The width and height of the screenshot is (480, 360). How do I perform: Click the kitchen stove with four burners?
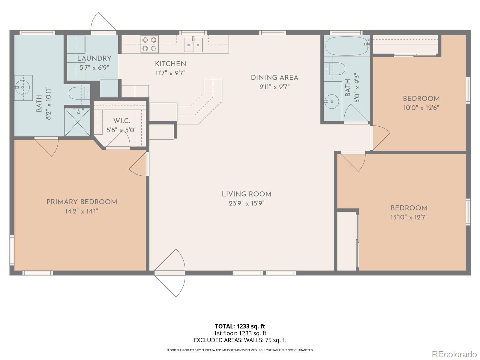[x=149, y=44]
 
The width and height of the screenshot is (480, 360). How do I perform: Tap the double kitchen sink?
[x=193, y=45]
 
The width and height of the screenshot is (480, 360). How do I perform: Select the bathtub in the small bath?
[x=346, y=46]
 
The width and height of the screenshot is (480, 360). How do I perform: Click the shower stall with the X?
[x=77, y=122]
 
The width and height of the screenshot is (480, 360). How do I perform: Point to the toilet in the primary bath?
[x=79, y=93]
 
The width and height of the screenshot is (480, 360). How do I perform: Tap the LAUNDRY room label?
[x=94, y=58]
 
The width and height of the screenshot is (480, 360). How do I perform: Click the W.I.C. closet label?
[x=121, y=121]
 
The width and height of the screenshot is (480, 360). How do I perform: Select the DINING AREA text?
[x=274, y=78]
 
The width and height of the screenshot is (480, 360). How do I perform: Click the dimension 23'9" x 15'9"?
[x=246, y=203]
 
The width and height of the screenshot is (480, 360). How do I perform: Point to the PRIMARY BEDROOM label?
[x=82, y=202]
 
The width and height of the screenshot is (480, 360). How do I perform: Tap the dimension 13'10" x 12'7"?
[x=409, y=217]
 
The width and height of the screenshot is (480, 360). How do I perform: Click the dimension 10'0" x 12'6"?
[x=421, y=108]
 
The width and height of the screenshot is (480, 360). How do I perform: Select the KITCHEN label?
[x=170, y=64]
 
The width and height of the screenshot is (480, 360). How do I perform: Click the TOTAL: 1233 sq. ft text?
[x=240, y=326]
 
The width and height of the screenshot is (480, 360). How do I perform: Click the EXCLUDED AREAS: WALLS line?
[x=240, y=340]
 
